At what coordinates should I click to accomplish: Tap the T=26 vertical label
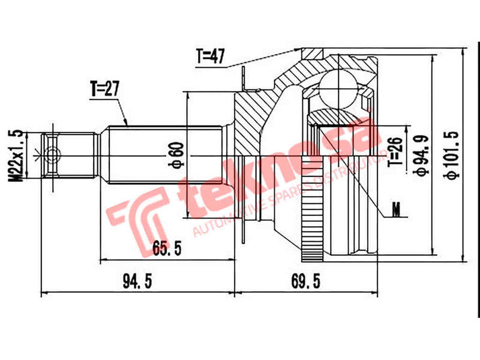point(394,152)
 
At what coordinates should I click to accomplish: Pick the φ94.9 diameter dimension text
point(424,154)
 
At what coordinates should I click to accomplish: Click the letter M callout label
point(395,210)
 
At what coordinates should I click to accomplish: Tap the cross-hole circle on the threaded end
point(52,154)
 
